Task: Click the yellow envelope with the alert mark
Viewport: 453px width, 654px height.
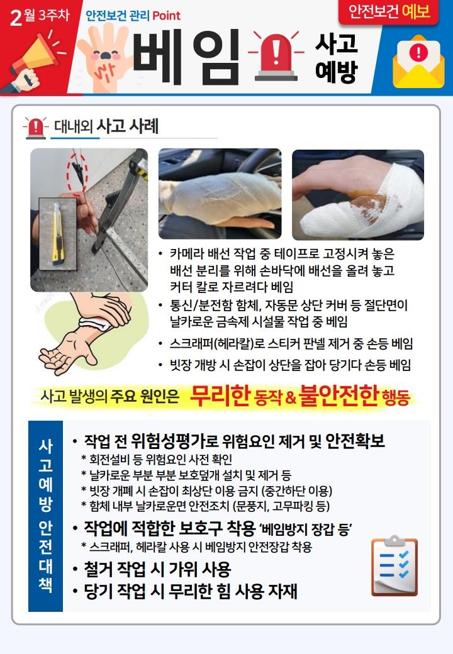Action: [418, 62]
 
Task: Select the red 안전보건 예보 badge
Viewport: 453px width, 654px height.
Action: [389, 12]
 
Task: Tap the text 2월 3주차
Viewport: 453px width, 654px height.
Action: [40, 16]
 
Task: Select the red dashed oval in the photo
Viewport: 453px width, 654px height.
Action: [77, 173]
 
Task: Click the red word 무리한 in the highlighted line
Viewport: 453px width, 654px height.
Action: [220, 395]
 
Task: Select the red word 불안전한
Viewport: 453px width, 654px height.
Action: [338, 395]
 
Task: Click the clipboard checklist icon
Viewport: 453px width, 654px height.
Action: [394, 565]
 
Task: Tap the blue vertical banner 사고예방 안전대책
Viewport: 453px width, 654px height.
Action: [45, 516]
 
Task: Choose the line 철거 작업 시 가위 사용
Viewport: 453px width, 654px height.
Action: [157, 569]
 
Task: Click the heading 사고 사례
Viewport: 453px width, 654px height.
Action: [127, 126]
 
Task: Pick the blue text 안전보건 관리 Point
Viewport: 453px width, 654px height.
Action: [133, 16]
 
